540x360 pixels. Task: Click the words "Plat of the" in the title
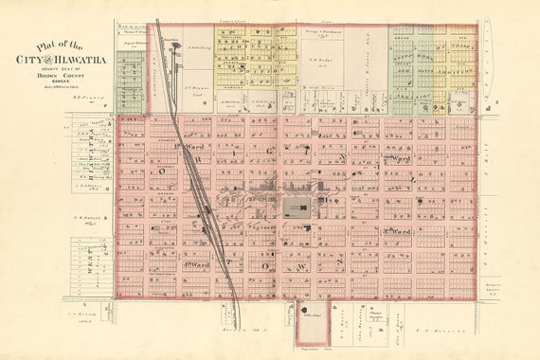pyautogui.click(x=60, y=45)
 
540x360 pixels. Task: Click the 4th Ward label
pyautogui.click(x=194, y=265)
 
